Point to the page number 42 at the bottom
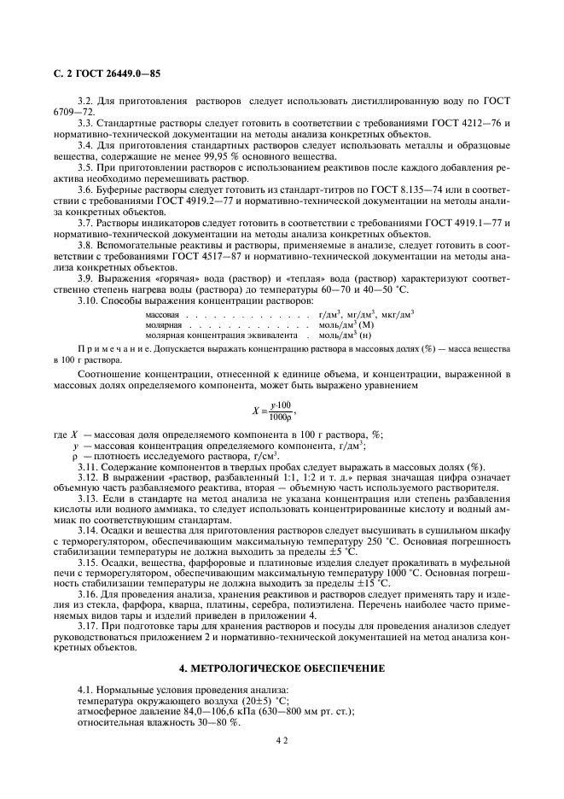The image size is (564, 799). tap(282, 742)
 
